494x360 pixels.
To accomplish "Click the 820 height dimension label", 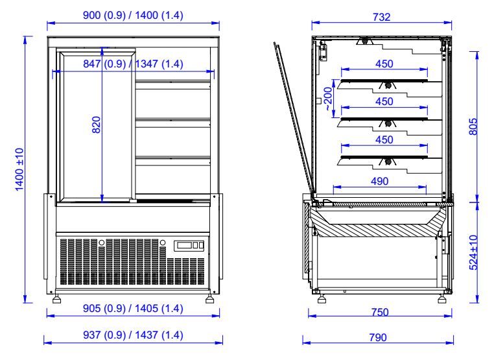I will click(x=96, y=124).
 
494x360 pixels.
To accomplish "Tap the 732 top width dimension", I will click(x=382, y=18).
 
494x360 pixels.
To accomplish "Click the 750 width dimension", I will click(x=380, y=312).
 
